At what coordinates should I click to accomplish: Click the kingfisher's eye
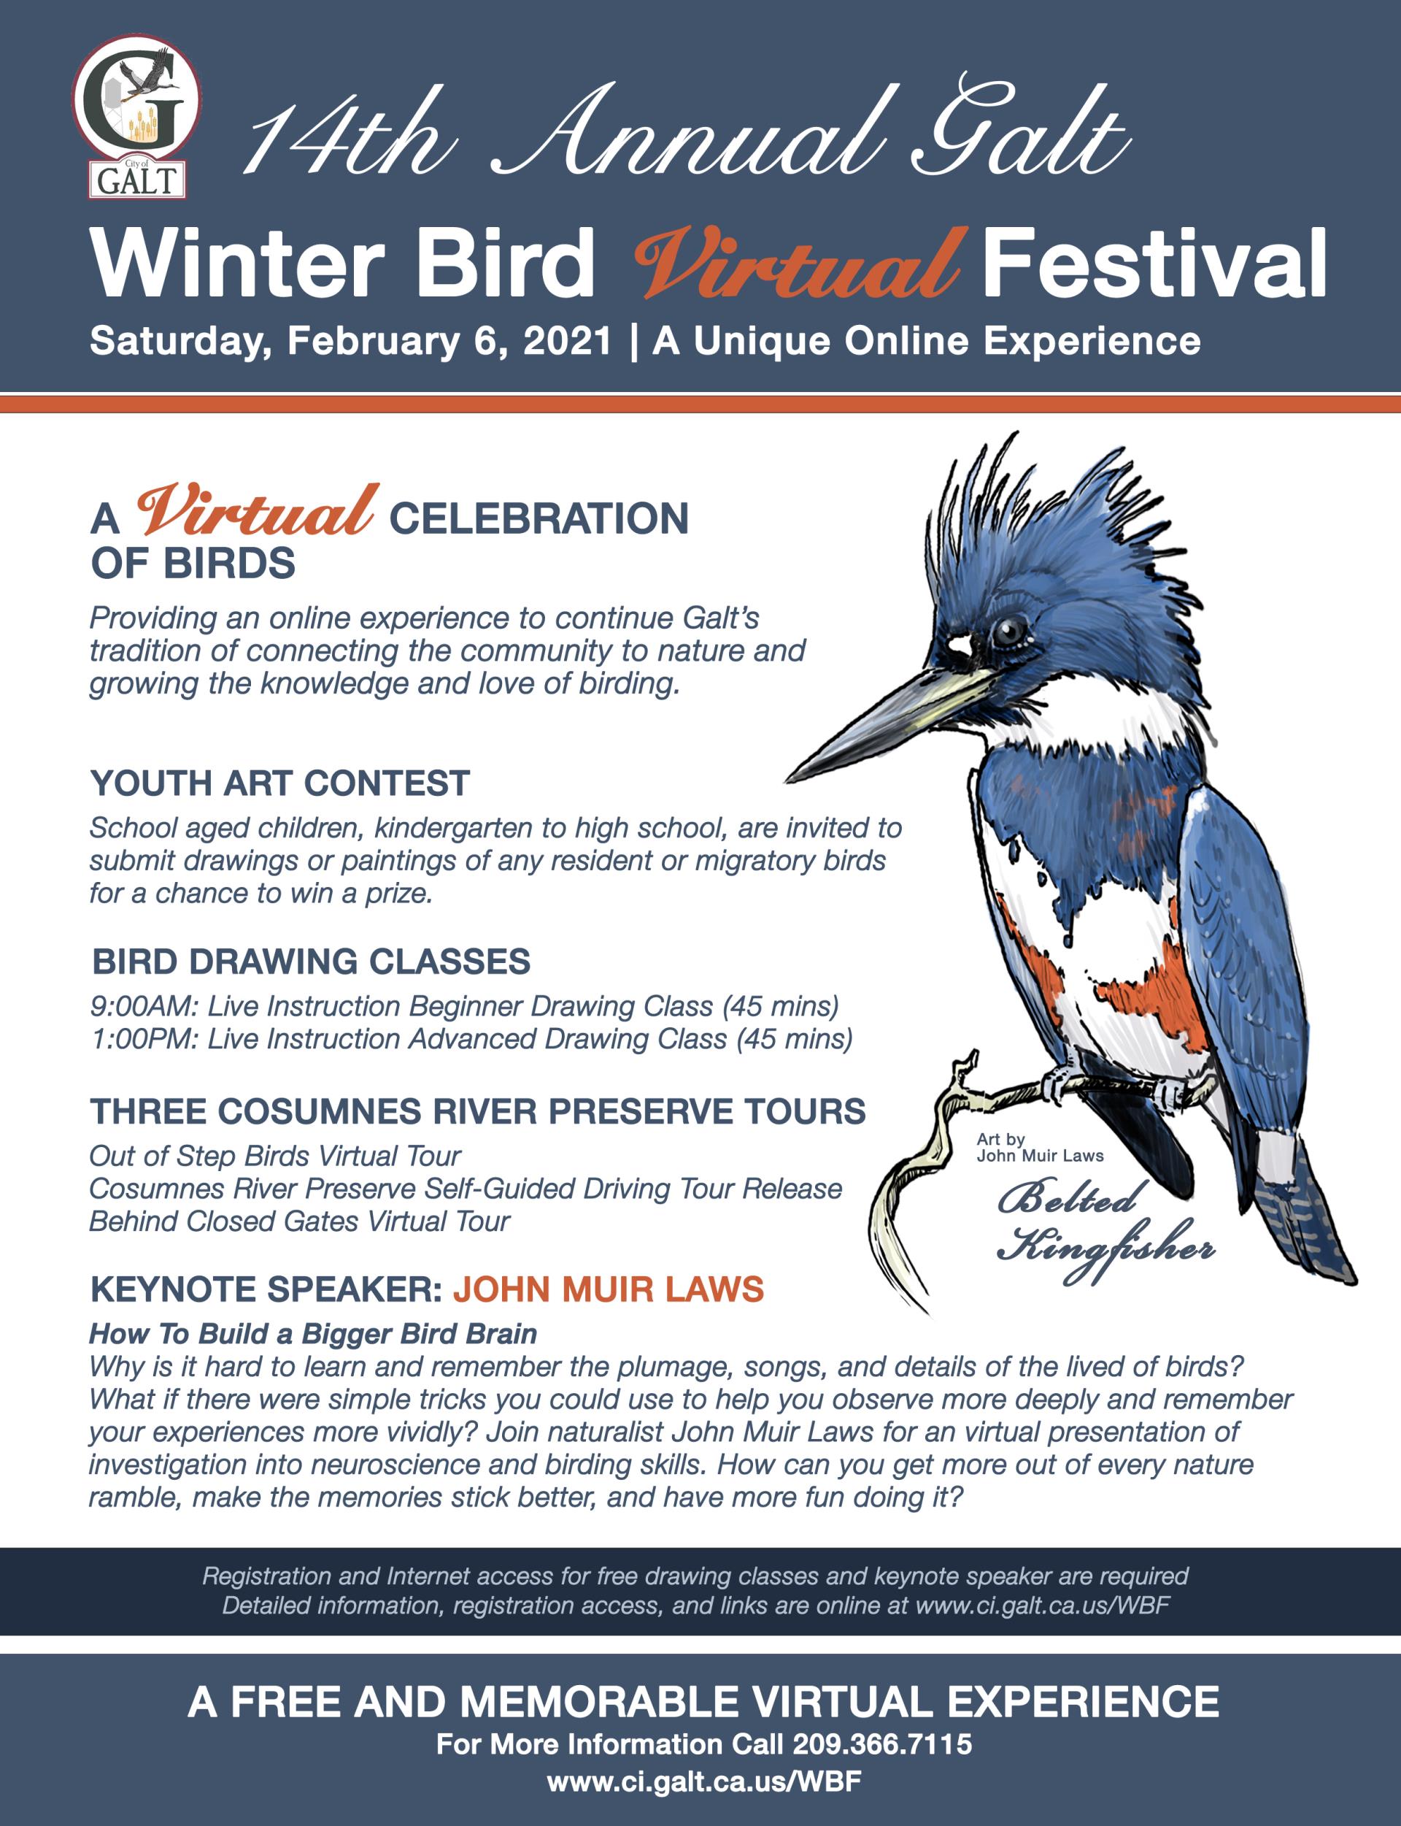click(x=1008, y=631)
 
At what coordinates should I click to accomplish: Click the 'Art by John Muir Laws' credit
click(x=1040, y=1147)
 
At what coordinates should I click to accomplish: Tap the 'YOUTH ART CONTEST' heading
click(x=280, y=783)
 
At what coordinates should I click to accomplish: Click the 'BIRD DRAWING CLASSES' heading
click(x=311, y=961)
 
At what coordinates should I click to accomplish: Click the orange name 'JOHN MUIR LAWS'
click(x=609, y=1289)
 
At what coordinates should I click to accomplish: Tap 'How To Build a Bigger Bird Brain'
click(x=313, y=1334)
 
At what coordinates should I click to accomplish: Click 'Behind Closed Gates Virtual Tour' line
click(x=299, y=1221)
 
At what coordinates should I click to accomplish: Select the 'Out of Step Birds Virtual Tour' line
click(x=275, y=1156)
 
